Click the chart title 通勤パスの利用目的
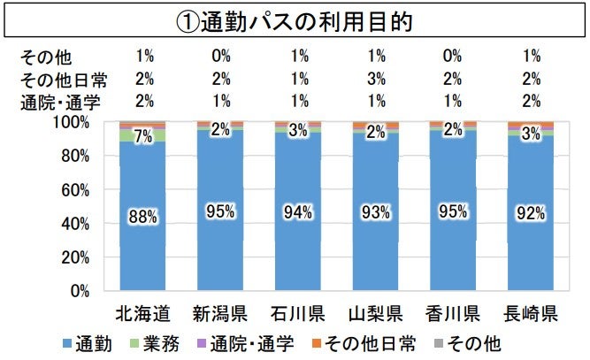(295, 19)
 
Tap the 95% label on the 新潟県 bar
(219, 211)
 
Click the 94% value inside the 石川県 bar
(297, 211)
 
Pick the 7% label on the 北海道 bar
(142, 136)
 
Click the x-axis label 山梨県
(374, 313)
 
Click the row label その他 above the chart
(45, 59)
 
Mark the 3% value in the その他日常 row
(375, 80)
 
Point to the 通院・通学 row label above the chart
(58, 101)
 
